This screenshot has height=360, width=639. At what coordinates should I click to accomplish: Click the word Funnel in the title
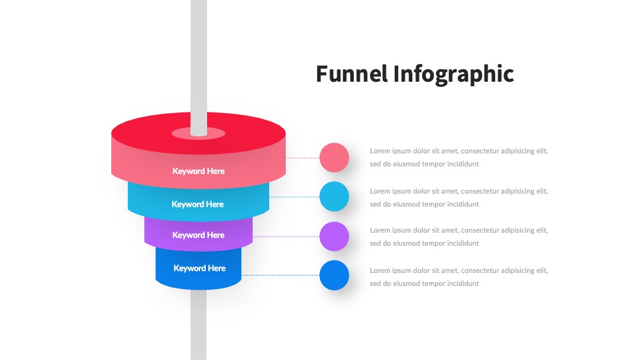351,74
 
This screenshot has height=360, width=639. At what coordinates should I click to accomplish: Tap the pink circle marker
334,157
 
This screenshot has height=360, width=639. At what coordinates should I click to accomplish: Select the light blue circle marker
334,197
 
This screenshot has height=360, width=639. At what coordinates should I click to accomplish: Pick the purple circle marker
334,236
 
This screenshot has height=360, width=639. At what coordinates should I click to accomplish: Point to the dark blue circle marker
334,275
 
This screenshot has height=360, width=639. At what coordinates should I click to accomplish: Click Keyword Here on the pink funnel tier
198,171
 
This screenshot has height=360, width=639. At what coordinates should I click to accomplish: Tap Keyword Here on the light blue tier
198,204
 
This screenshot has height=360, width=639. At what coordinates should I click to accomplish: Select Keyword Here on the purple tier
198,235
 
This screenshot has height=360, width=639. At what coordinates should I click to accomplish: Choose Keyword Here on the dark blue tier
200,268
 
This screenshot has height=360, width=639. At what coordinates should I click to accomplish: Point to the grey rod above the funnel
198,67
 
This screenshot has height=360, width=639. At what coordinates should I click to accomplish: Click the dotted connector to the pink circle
302,157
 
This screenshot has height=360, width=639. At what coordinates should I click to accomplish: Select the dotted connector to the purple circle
286,236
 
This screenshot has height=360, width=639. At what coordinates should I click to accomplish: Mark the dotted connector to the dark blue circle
280,275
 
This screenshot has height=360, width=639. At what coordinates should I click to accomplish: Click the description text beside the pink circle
459,157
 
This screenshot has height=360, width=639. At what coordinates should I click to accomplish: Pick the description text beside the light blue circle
459,198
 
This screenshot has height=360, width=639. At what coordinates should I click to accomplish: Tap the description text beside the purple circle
459,237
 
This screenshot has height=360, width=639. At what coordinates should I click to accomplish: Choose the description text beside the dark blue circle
459,277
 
